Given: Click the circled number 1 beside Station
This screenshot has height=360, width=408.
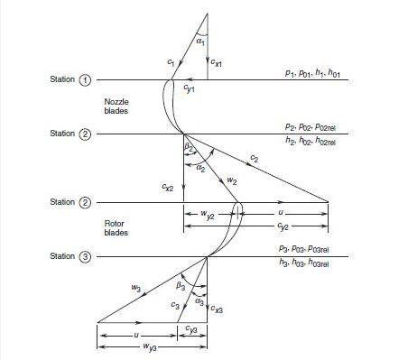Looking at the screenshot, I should click(87, 80).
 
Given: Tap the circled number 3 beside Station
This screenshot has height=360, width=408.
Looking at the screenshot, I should click(87, 257).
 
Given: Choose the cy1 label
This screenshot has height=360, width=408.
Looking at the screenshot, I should click(188, 88).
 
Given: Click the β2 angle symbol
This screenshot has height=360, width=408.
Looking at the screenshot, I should click(189, 146).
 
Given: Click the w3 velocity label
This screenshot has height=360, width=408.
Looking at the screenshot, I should click(135, 289).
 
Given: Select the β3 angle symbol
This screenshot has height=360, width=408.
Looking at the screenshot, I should click(181, 286).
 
